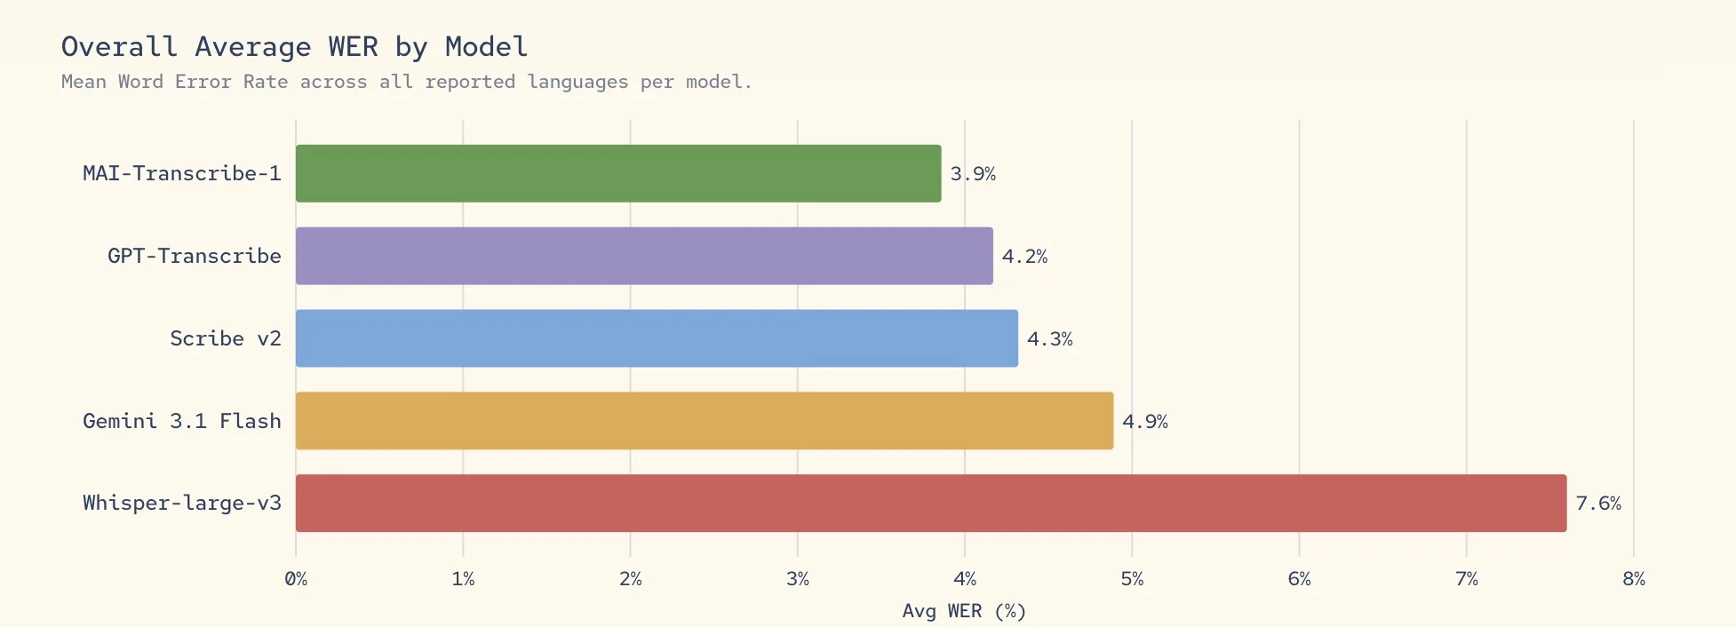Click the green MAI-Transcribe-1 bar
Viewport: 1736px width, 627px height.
[618, 173]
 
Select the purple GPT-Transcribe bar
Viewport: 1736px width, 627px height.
[644, 256]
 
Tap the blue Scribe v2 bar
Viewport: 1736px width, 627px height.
[657, 338]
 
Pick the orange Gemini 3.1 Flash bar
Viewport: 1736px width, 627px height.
[705, 421]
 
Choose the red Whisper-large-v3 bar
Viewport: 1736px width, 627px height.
[931, 503]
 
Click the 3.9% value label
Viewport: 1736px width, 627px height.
[973, 174]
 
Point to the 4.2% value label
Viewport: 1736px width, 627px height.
[1024, 257]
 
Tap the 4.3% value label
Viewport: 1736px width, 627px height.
[1049, 339]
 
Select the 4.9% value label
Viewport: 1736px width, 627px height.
[1144, 422]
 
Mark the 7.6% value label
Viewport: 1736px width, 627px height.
[1597, 504]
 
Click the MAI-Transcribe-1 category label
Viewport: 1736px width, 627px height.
[182, 173]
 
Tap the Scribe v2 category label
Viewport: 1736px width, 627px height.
[226, 338]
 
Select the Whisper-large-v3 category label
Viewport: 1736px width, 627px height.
[182, 503]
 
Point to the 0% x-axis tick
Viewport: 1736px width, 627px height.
[296, 579]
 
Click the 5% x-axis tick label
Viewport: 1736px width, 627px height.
[1132, 579]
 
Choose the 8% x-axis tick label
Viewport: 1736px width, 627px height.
[1633, 579]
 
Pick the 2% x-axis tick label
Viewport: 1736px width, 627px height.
[631, 579]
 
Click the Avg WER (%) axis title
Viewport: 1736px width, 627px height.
[964, 611]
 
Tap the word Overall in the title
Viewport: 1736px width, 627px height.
[119, 46]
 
